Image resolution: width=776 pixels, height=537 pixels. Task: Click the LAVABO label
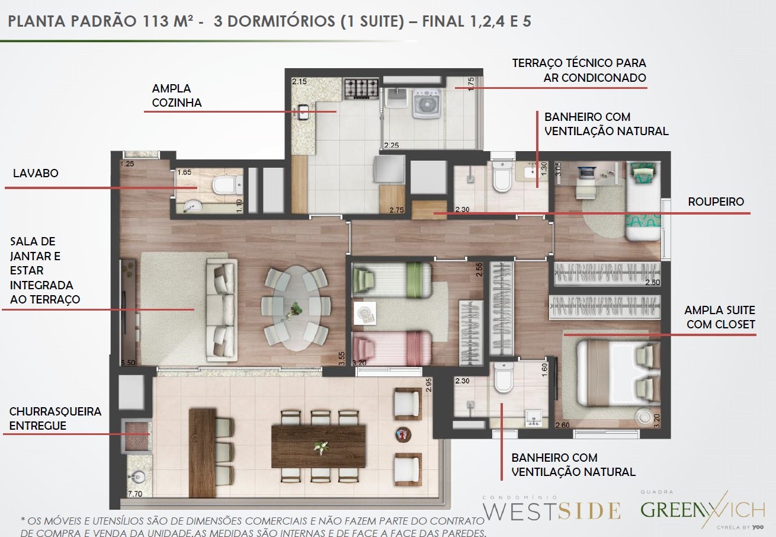(x=36, y=173)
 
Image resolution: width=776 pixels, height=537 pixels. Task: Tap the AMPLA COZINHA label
(x=177, y=95)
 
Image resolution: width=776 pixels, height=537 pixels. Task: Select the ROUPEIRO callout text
(x=716, y=202)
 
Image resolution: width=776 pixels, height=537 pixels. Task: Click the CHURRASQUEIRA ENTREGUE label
(x=55, y=418)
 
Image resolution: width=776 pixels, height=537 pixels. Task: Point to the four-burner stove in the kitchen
(x=361, y=88)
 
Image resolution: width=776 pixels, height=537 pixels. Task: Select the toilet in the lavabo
(x=227, y=185)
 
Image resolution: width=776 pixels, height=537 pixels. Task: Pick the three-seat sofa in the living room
(x=222, y=311)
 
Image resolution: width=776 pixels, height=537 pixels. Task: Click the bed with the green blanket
(x=392, y=280)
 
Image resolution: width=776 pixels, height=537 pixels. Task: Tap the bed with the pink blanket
(x=392, y=349)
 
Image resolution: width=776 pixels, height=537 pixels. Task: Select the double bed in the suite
(x=618, y=373)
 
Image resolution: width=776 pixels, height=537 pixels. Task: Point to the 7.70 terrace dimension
(x=134, y=494)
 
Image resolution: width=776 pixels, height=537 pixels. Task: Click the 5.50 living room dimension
(x=128, y=363)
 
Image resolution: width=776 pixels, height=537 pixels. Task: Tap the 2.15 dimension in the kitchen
(x=299, y=82)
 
